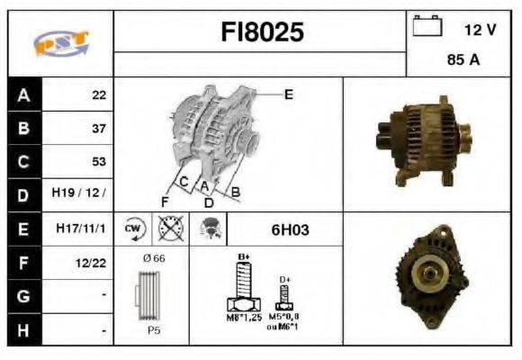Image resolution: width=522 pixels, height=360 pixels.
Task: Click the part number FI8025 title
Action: (x=262, y=33)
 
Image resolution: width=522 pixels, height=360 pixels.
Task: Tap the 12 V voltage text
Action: (x=480, y=30)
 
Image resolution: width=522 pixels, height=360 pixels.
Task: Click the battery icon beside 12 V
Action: (x=426, y=28)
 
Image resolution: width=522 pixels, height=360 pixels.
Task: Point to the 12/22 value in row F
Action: (x=92, y=263)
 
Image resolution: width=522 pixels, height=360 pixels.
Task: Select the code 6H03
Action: (x=290, y=229)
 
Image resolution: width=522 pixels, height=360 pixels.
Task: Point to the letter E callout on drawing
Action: (x=288, y=94)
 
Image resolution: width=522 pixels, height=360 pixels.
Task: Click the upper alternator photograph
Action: (x=421, y=143)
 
